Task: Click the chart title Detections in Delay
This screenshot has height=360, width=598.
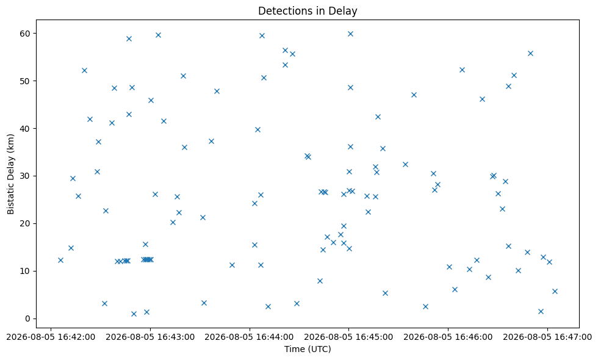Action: pyautogui.click(x=308, y=11)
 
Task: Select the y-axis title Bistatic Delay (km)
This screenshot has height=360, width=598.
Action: pyautogui.click(x=11, y=174)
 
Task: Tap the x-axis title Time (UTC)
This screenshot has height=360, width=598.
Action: pyautogui.click(x=308, y=349)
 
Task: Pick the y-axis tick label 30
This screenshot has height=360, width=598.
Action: pyautogui.click(x=26, y=176)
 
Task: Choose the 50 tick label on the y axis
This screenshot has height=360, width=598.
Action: pyautogui.click(x=26, y=81)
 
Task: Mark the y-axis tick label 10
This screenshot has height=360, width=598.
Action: pyautogui.click(x=26, y=271)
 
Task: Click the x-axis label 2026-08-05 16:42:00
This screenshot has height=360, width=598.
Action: pyautogui.click(x=51, y=337)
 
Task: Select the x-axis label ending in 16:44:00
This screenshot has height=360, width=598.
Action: pyautogui.click(x=250, y=337)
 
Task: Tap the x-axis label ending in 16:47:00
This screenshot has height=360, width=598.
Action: pyautogui.click(x=547, y=337)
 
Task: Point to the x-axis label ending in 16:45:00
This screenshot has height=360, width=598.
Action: pyautogui.click(x=348, y=337)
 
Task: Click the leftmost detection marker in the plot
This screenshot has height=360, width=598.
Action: pyautogui.click(x=60, y=260)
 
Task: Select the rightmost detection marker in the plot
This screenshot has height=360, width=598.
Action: pyautogui.click(x=555, y=292)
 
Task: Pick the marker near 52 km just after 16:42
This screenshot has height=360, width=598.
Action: pyautogui.click(x=85, y=71)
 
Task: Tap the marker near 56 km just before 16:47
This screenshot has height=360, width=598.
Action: pyautogui.click(x=530, y=54)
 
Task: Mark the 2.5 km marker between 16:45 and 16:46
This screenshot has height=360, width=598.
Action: pyautogui.click(x=426, y=306)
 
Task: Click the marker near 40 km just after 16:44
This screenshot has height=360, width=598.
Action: pyautogui.click(x=258, y=129)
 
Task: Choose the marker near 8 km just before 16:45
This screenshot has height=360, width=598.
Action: pyautogui.click(x=320, y=281)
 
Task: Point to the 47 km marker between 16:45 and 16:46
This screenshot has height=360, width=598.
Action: pyautogui.click(x=414, y=95)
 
